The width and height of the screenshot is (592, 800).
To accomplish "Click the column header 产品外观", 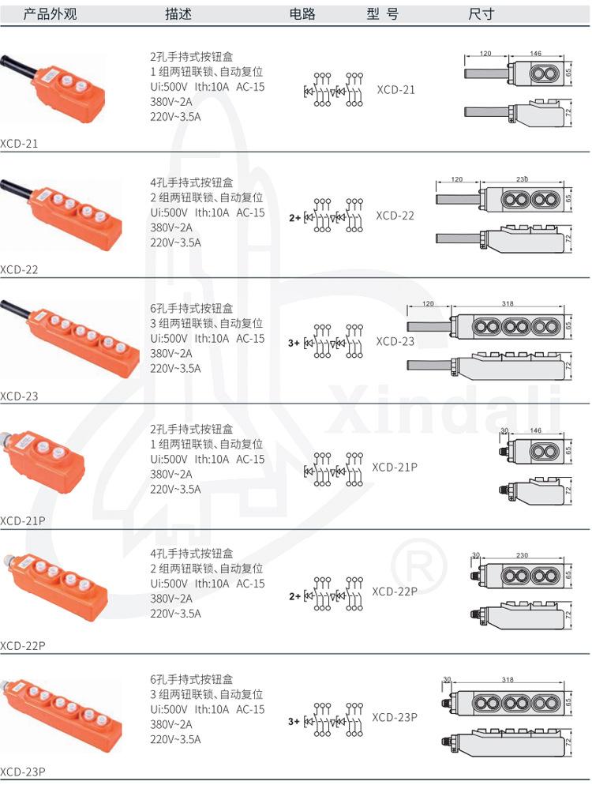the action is (x=50, y=13).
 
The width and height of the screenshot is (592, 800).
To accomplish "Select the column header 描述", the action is (x=178, y=13).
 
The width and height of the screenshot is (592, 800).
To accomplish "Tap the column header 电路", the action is (x=302, y=13).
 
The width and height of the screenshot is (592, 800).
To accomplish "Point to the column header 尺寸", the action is (x=481, y=13).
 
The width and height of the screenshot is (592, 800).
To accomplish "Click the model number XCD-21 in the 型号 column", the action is (x=395, y=90).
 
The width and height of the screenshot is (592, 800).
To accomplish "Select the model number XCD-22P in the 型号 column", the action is (x=395, y=592).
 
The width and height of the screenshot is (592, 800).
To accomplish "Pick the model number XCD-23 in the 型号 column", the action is (x=395, y=341).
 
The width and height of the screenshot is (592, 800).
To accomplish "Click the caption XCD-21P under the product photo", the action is (x=22, y=521).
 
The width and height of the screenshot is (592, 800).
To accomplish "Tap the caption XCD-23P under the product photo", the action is (x=22, y=772).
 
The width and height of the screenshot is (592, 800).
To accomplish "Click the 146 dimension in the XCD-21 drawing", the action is (x=535, y=53).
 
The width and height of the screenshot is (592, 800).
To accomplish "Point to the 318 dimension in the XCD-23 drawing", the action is (x=508, y=303).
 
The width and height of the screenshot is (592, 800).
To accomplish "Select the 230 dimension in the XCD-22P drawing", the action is (x=522, y=555).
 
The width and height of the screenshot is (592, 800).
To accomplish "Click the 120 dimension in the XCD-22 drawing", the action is (x=457, y=179).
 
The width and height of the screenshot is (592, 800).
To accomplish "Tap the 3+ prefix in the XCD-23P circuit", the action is (x=294, y=722).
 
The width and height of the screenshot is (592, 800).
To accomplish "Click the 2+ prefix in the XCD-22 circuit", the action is (x=294, y=218).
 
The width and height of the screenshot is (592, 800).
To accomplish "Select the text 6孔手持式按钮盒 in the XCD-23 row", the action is (x=192, y=308).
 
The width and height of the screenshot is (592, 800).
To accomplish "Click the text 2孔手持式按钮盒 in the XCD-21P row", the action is (x=192, y=429).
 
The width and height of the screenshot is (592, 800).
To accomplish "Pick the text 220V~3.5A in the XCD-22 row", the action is (x=175, y=242).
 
